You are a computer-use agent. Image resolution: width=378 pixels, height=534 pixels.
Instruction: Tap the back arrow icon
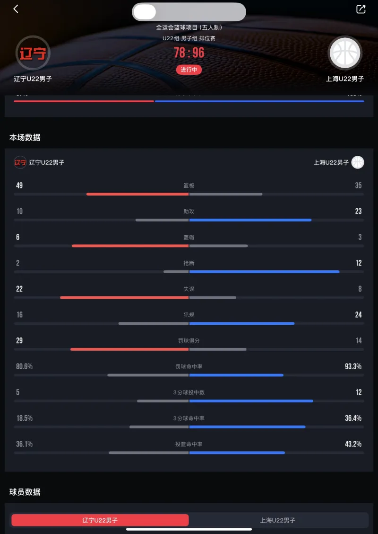pyautogui.click(x=16, y=9)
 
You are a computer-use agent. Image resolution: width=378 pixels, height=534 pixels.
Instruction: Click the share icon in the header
pyautogui.click(x=361, y=9)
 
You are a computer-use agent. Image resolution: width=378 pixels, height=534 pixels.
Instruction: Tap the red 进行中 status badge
pyautogui.click(x=189, y=70)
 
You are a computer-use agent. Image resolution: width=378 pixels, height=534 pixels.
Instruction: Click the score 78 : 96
pyautogui.click(x=189, y=53)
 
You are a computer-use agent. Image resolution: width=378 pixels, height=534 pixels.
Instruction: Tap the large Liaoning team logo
pyautogui.click(x=33, y=53)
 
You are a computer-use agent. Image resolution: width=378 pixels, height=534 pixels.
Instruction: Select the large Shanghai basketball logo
pyautogui.click(x=345, y=53)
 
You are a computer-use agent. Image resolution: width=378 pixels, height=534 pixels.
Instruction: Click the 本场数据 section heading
pyautogui.click(x=25, y=137)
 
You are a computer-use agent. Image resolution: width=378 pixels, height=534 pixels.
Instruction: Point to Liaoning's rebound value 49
pyautogui.click(x=19, y=186)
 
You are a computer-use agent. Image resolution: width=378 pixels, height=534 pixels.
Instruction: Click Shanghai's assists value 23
pyautogui.click(x=359, y=212)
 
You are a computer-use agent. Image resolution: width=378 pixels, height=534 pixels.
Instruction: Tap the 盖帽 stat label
pyautogui.click(x=189, y=237)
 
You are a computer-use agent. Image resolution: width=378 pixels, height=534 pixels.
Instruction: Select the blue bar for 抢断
pyautogui.click(x=264, y=271)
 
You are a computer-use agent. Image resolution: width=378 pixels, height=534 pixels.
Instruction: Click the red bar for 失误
pyautogui.click(x=124, y=297)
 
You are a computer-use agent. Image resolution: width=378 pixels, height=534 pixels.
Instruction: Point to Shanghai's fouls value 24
pyautogui.click(x=359, y=315)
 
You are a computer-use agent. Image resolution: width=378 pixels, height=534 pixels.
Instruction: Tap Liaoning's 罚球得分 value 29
pyautogui.click(x=19, y=340)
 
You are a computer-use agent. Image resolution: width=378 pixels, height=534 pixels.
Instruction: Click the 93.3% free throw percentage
pyautogui.click(x=353, y=366)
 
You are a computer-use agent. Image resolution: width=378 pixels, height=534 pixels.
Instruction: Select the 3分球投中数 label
pyautogui.click(x=189, y=392)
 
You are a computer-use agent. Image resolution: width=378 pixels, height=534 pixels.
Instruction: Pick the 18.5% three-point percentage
pyautogui.click(x=24, y=418)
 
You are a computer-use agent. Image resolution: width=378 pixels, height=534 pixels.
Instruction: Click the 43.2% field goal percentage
pyautogui.click(x=353, y=444)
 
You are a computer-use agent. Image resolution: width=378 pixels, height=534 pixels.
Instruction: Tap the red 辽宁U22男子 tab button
pyautogui.click(x=100, y=520)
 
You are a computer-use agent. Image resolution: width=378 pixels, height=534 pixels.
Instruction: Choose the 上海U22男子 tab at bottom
pyautogui.click(x=278, y=520)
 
